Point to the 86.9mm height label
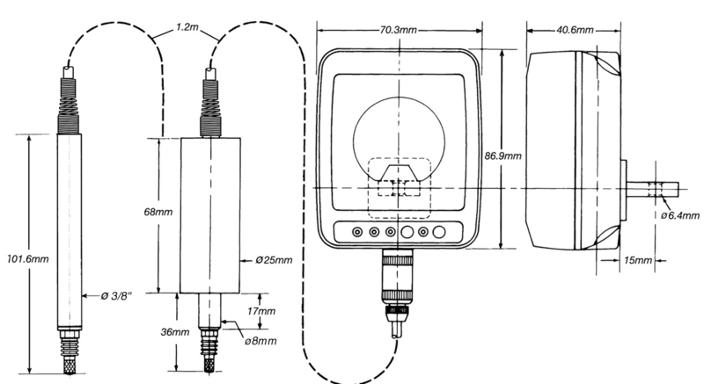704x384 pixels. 504,156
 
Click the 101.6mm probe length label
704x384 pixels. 26,259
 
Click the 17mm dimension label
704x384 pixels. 261,312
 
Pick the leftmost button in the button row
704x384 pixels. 356,233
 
